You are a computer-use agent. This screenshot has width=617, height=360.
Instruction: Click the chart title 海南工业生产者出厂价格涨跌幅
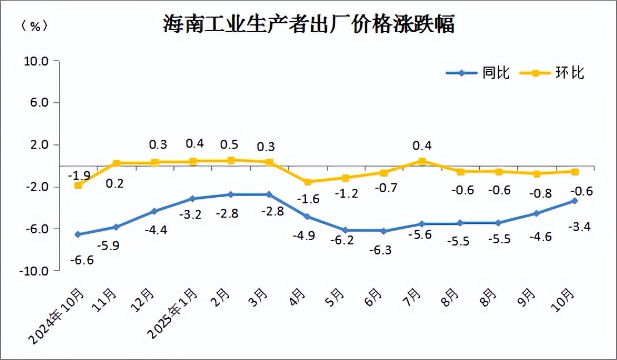[x=308, y=24]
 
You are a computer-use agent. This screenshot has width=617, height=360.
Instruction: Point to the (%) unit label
[x=34, y=26]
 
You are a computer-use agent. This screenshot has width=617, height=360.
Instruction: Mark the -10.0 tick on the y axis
[x=34, y=271]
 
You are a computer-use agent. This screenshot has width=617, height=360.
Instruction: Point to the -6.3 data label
[x=380, y=250]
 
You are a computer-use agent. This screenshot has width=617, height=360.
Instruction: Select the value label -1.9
[x=79, y=176]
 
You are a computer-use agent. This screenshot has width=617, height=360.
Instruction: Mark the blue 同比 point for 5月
[x=345, y=230]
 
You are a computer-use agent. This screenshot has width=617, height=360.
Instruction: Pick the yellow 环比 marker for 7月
[x=422, y=162]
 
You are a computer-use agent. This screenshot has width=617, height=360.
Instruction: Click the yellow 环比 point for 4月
[x=307, y=182]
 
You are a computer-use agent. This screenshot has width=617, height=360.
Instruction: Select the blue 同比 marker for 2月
[x=230, y=194]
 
